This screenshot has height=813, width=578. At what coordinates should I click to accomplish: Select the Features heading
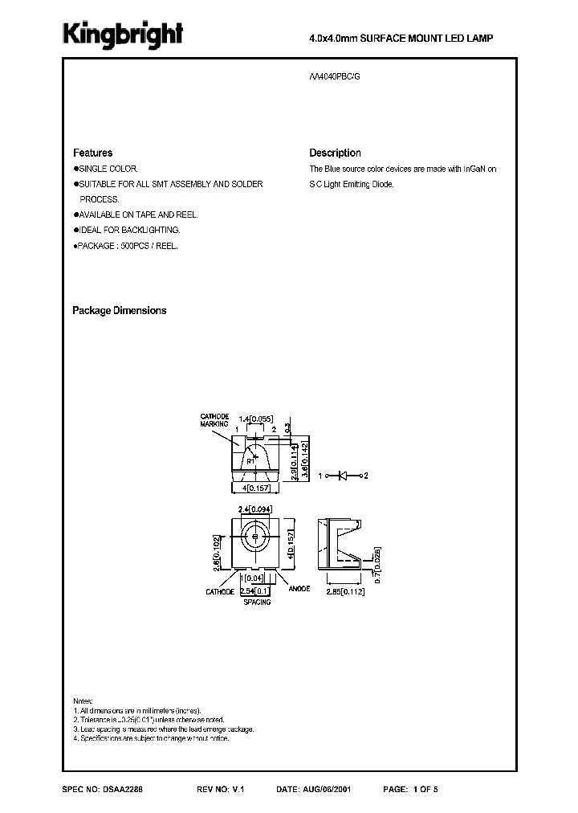(x=92, y=153)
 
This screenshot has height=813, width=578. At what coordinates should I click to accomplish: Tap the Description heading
(x=335, y=153)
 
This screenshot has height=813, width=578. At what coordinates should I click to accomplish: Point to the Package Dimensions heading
(x=120, y=310)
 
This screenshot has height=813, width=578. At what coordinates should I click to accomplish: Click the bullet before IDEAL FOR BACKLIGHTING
(x=75, y=230)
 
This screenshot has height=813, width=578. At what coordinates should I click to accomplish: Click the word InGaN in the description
(x=475, y=169)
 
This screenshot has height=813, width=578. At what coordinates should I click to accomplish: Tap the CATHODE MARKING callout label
(x=214, y=419)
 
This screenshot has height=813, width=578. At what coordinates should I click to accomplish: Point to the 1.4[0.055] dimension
(x=257, y=419)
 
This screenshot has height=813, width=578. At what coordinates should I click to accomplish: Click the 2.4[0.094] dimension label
(x=256, y=509)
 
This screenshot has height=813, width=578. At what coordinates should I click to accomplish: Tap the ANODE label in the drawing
(x=299, y=589)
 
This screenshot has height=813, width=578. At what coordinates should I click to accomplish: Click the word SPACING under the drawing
(x=256, y=602)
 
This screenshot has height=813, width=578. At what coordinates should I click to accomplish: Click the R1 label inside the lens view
(x=250, y=462)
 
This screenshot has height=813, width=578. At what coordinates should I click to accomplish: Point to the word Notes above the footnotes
(x=83, y=701)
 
